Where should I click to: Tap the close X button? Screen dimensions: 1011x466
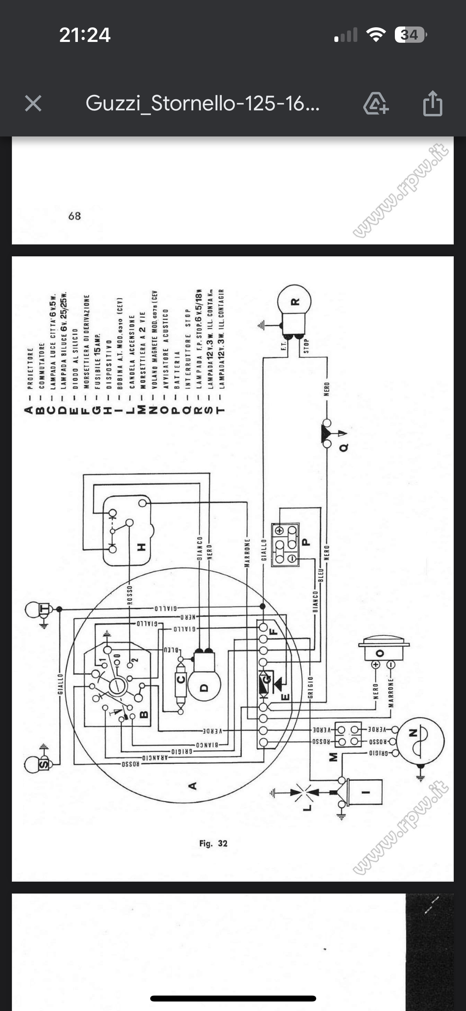(33, 104)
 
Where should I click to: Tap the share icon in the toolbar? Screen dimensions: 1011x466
(432, 104)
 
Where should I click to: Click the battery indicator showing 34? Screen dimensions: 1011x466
(410, 35)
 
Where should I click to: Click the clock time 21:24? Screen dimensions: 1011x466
(85, 35)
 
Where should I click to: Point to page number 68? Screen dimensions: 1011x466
(75, 216)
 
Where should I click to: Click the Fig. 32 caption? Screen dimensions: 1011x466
(213, 843)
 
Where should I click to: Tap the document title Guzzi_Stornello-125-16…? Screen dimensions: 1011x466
(202, 104)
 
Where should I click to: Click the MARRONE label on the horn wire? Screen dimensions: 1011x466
(391, 693)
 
